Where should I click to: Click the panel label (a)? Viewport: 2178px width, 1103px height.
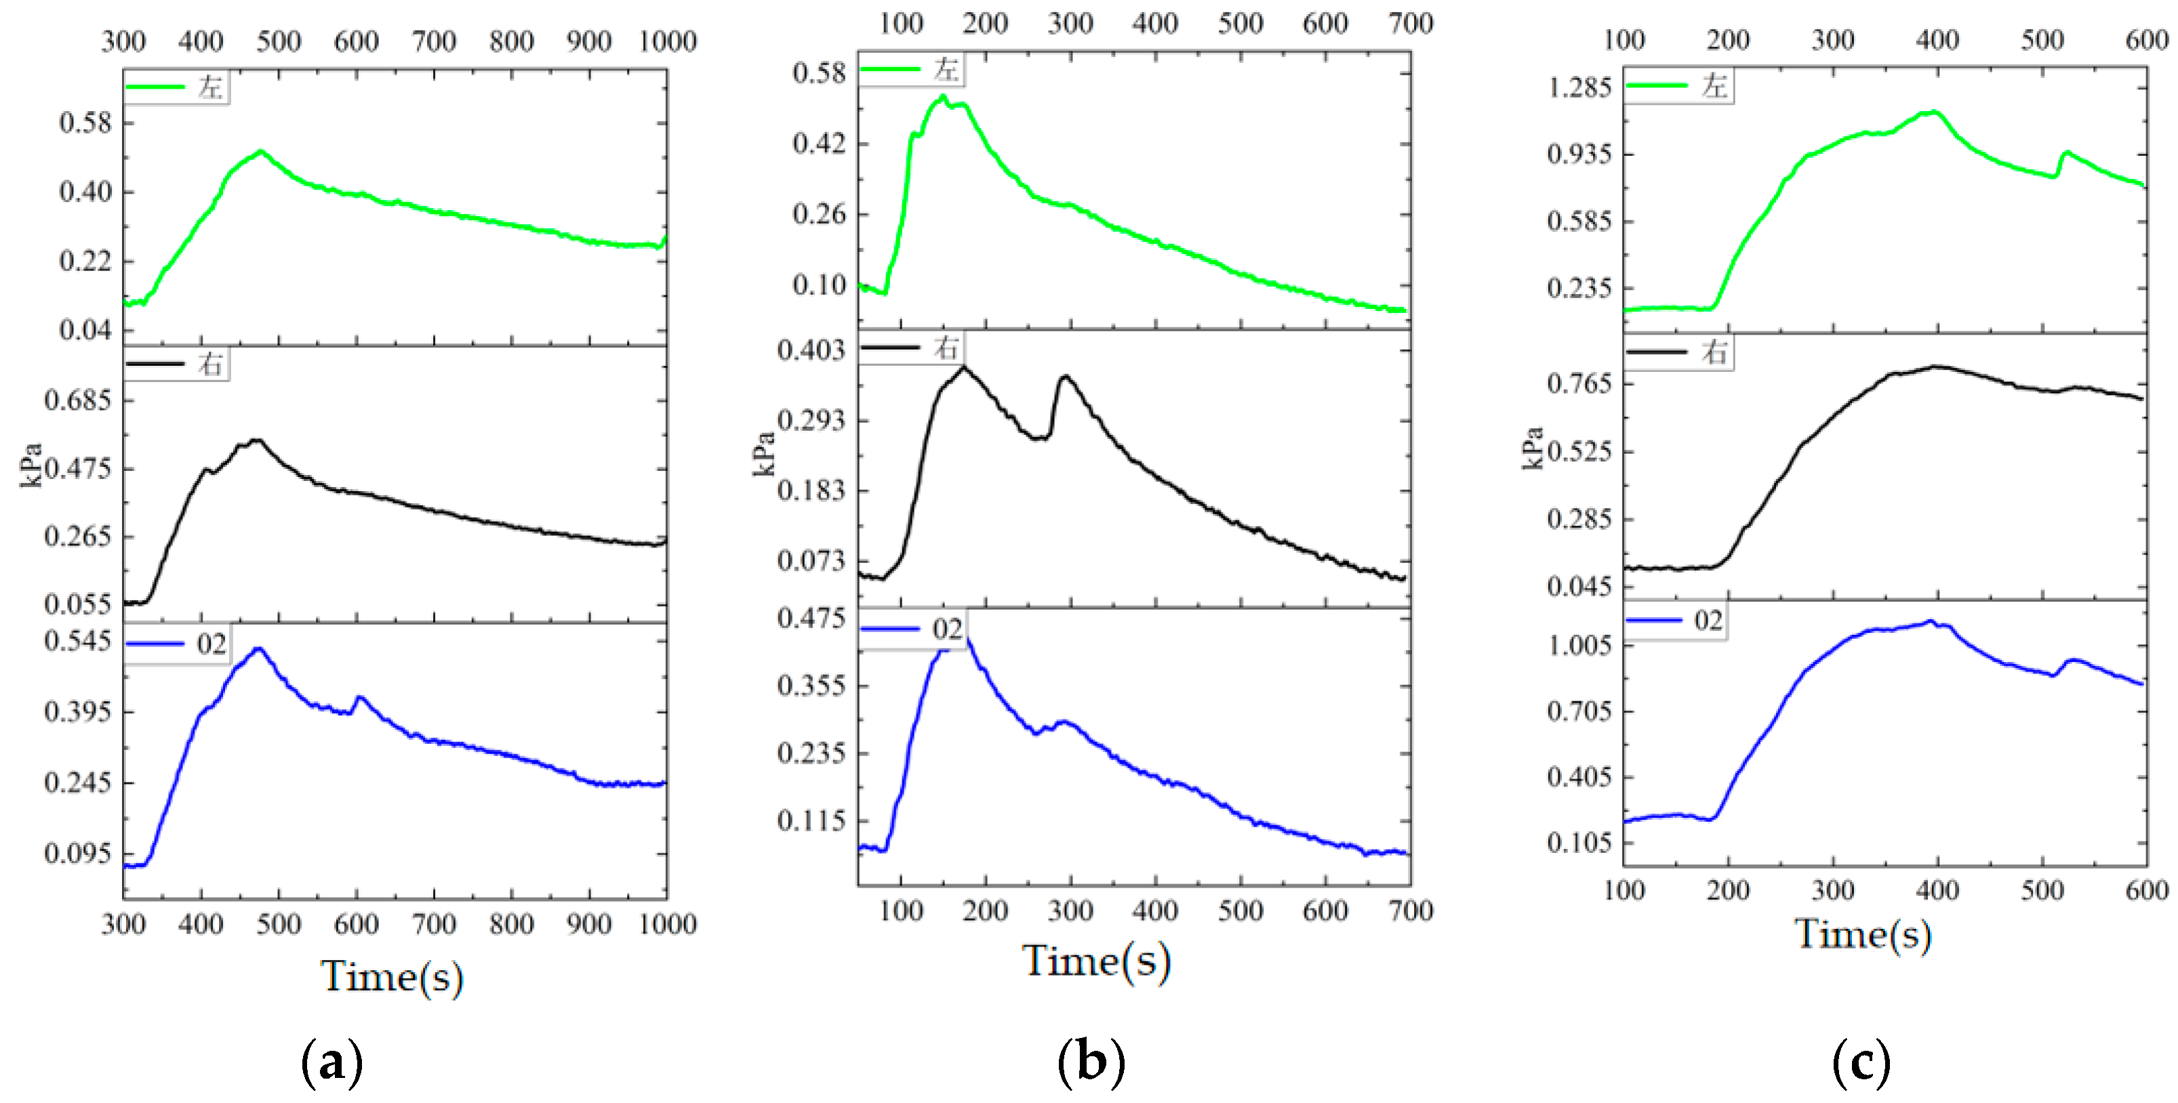tap(331, 1062)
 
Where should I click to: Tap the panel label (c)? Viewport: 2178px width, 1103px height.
tap(1861, 1062)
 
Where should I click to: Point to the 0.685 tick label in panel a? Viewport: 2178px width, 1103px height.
tap(78, 399)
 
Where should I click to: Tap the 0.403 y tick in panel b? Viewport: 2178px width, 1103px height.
tap(811, 350)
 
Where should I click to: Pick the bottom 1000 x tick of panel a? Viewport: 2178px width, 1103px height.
tap(667, 924)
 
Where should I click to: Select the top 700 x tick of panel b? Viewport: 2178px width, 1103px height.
tap(1410, 24)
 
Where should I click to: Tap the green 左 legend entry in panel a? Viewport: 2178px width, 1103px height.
tap(176, 87)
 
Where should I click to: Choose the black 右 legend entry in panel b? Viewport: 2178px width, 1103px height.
tap(910, 348)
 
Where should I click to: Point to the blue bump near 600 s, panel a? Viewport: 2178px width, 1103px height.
tap(359, 697)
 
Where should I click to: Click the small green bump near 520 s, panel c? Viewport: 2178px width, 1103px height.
tap(2065, 153)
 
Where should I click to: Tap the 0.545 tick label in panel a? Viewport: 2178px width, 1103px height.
tap(78, 641)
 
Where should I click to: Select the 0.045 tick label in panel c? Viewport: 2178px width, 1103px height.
tap(1579, 586)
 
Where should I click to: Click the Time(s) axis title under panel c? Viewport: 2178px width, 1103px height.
tap(1863, 934)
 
